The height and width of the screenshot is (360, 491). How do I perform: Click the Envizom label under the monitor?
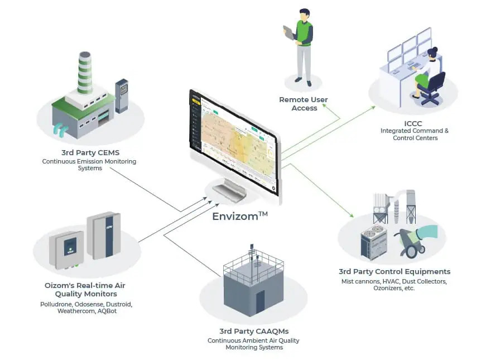[x=240, y=216]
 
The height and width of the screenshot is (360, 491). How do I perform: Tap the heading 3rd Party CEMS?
[x=90, y=152]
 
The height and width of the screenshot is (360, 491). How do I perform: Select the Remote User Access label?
[x=304, y=104]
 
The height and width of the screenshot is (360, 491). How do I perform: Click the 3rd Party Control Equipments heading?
[x=394, y=272]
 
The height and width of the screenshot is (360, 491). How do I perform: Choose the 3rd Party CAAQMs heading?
[x=254, y=331]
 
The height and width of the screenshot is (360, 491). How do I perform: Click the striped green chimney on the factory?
[x=85, y=73]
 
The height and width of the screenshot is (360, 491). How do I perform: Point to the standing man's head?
[x=304, y=14]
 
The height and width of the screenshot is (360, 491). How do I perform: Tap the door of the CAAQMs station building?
[x=260, y=302]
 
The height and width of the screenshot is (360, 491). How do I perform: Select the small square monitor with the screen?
[x=68, y=248]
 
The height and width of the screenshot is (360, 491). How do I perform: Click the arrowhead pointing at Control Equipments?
[x=352, y=215]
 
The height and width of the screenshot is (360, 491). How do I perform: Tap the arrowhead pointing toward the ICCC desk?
[x=373, y=107]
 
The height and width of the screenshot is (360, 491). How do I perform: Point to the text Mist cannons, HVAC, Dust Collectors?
[x=394, y=281]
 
